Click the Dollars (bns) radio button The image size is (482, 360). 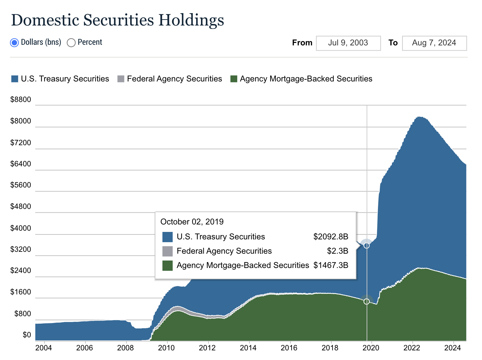coord(15,43)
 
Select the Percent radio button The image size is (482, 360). coord(71,43)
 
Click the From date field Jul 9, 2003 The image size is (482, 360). coord(348,43)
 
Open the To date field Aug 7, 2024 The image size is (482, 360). coord(434,43)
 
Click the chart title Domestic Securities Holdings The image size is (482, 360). coord(117,20)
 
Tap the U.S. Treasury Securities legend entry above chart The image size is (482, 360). coord(60,79)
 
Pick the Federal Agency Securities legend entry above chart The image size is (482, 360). coord(170,79)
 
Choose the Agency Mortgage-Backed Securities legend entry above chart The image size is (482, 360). coord(301,79)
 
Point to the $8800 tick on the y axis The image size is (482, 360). coord(21,99)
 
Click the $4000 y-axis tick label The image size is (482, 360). coord(21,228)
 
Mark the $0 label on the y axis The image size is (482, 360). coord(27,335)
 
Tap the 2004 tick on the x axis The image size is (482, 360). coord(43,348)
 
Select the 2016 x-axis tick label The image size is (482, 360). coord(289,348)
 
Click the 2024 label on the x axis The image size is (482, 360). coord(452,348)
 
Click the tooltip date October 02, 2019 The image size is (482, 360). coord(192,222)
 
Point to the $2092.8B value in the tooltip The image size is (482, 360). coord(331,237)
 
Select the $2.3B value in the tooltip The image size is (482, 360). coord(338,251)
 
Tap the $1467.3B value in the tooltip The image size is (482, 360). coord(331,265)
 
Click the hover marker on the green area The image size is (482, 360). coord(367,301)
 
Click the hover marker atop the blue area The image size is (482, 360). coord(367,246)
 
